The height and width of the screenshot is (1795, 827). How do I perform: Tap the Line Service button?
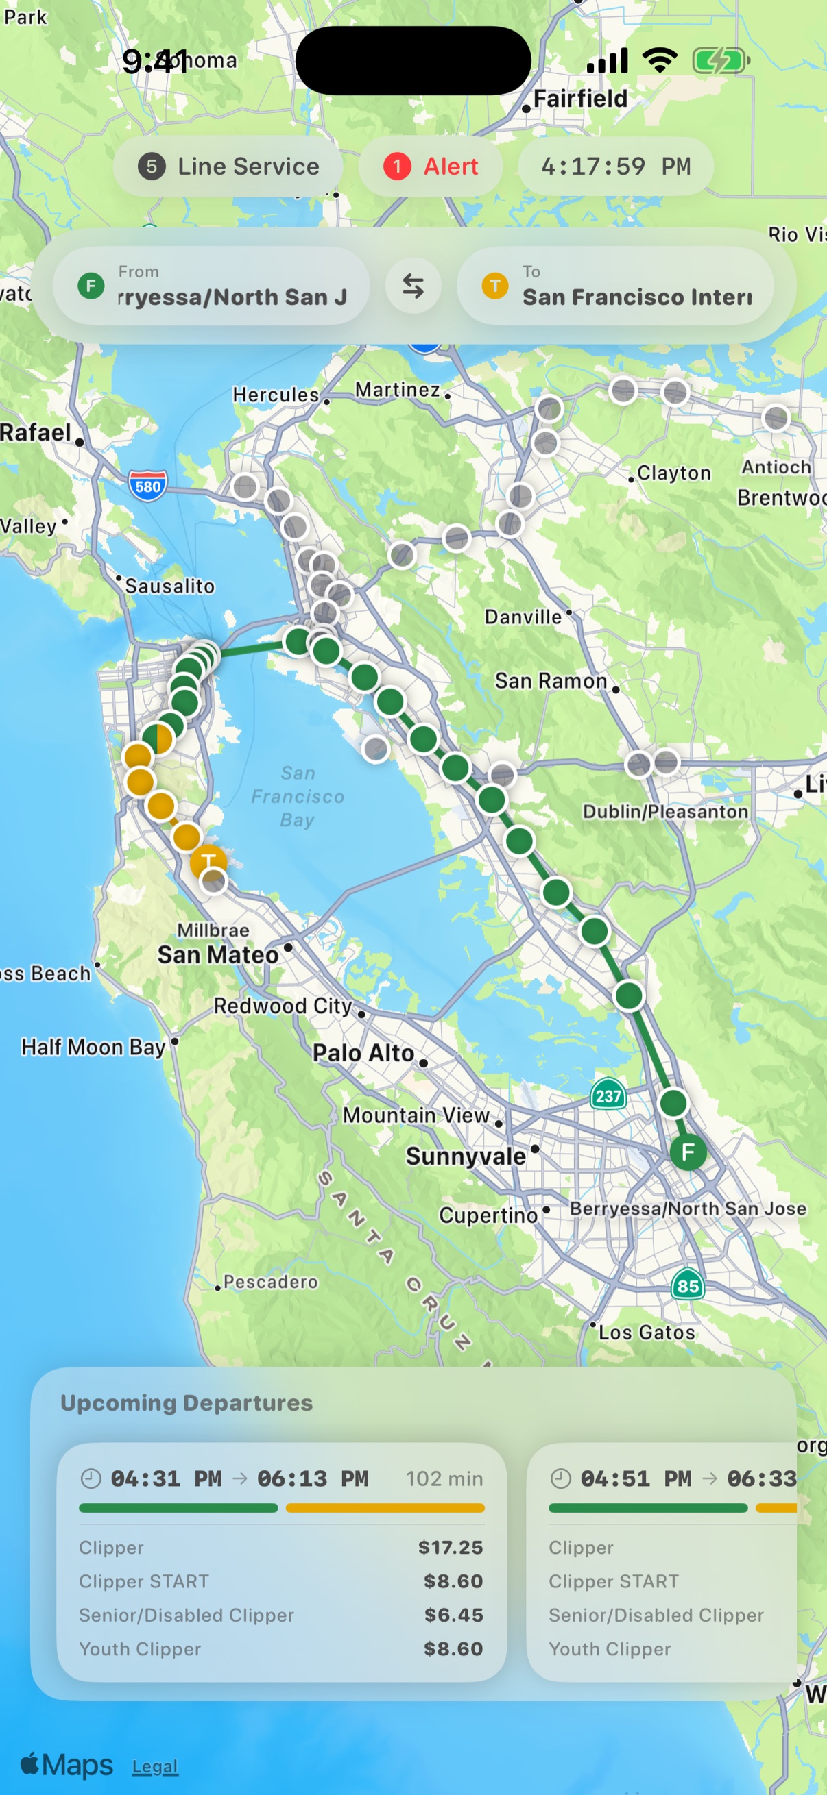228,166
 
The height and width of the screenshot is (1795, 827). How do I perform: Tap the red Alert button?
430,166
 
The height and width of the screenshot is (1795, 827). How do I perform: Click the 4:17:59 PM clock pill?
615,166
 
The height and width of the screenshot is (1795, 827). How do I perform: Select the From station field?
211,286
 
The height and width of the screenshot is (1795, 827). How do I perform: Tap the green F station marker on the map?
688,1151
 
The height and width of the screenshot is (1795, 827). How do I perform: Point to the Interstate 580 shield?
147,486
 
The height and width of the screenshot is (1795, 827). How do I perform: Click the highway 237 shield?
608,1095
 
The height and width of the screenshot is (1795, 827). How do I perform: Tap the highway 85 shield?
688,1286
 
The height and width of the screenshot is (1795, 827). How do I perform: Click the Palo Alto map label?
363,1052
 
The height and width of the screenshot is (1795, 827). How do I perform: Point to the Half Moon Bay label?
93,1047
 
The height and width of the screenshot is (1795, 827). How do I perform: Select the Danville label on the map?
523,617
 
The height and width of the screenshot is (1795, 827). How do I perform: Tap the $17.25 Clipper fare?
451,1547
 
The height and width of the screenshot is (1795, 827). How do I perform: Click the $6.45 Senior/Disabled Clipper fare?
453,1615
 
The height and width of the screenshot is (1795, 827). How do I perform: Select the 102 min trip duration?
444,1478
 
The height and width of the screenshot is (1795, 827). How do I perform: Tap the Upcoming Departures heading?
187,1402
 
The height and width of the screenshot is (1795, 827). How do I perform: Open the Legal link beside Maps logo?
155,1766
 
